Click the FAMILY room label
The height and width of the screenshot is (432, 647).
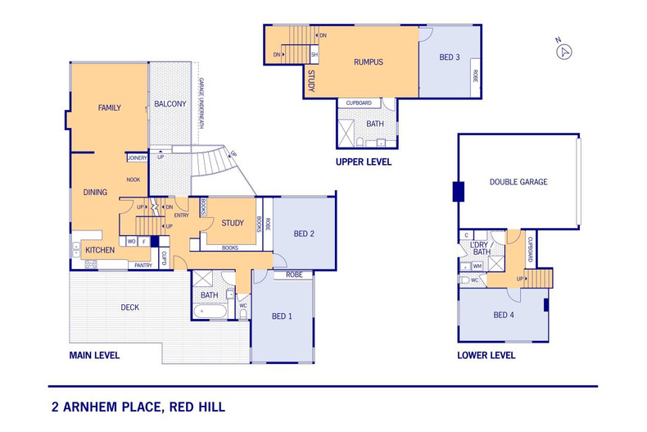(110, 108)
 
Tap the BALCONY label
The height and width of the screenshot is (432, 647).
(170, 104)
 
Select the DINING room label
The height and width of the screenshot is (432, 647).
(95, 192)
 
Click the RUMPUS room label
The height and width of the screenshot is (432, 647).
(369, 62)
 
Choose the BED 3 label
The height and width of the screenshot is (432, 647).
(450, 57)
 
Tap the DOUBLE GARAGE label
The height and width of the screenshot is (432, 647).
(518, 182)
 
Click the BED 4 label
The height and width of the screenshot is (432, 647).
(504, 315)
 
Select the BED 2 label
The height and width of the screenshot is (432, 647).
(304, 234)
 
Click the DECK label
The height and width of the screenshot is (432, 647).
(129, 308)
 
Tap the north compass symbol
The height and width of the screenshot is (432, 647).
(563, 51)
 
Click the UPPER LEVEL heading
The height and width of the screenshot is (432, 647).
(363, 162)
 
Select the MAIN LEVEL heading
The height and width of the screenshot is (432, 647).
(94, 356)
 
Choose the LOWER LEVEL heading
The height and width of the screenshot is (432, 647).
(486, 356)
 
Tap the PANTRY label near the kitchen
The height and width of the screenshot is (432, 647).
(143, 265)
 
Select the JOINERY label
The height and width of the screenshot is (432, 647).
(136, 157)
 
